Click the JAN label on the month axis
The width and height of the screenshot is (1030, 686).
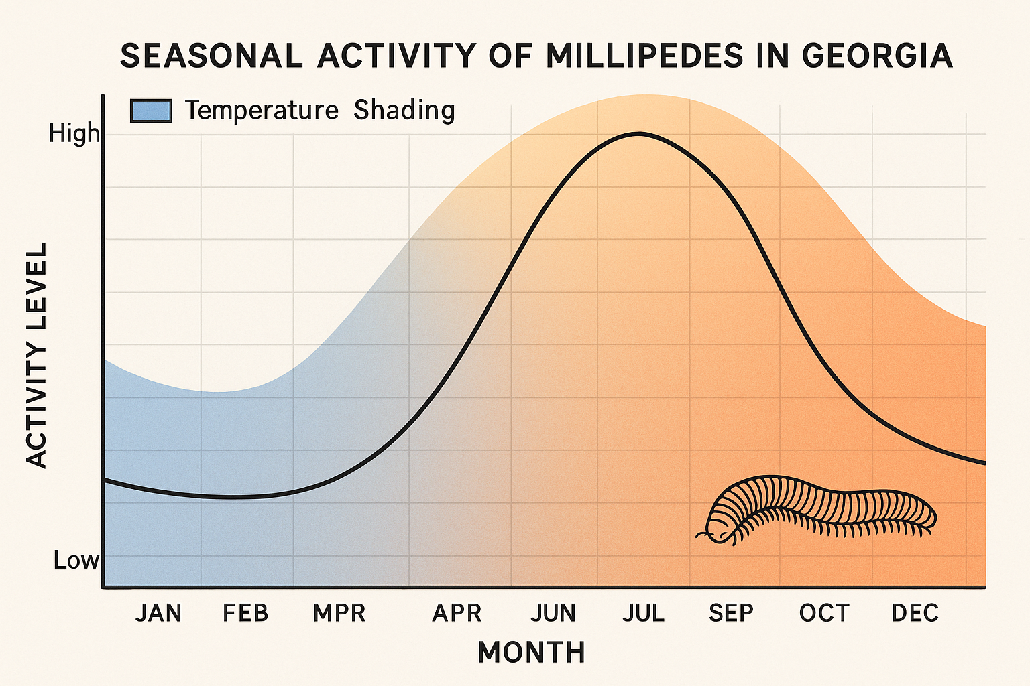158,613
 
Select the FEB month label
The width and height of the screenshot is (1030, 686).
245,613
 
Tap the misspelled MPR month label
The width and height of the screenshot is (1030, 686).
339,613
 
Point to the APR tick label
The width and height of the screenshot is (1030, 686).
457,613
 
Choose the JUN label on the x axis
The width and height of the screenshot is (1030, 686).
553,613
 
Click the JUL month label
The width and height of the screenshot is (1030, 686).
643,613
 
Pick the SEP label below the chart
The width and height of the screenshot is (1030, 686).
731,613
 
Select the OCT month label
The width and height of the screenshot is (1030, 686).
824,613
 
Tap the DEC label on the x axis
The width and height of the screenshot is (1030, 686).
915,613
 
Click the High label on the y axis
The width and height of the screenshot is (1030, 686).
74,135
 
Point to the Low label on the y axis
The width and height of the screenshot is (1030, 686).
76,560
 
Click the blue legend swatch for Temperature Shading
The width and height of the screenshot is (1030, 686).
151,111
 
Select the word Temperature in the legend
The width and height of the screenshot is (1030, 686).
262,110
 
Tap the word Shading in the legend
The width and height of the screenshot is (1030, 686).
404,110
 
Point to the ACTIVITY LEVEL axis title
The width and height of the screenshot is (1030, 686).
37,354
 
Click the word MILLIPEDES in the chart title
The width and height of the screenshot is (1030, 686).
644,56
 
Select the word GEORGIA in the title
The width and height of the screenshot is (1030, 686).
877,56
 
